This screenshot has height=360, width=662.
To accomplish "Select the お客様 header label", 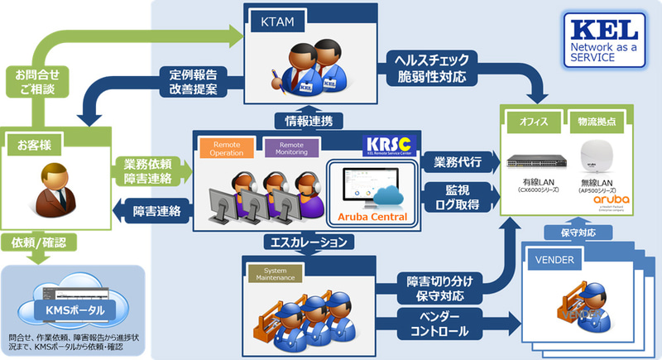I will tap(35, 146).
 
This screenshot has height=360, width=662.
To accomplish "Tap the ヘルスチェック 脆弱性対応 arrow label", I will tap(433, 69).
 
